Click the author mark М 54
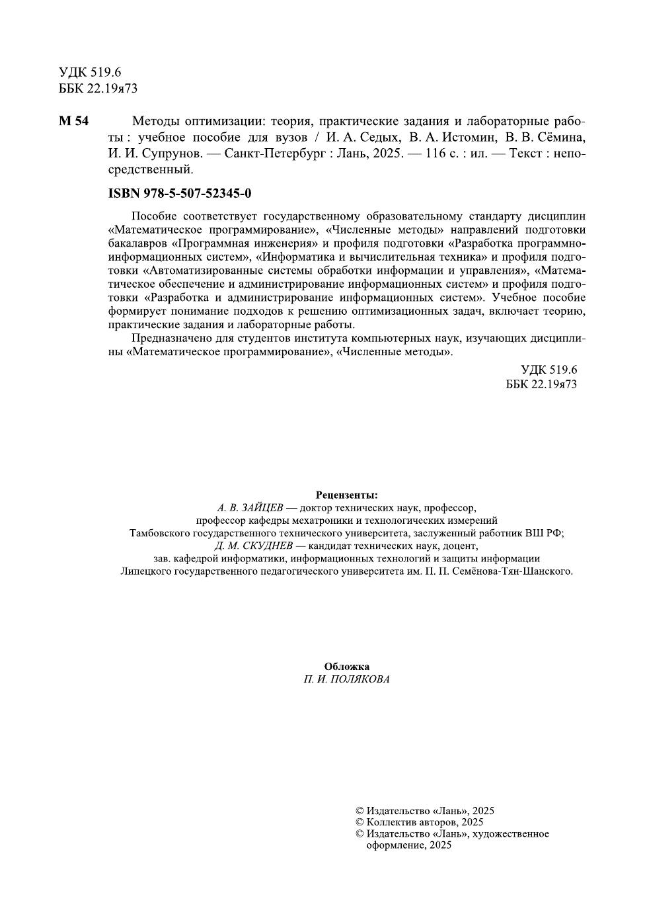73,122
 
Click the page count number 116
437,153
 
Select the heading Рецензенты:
347,495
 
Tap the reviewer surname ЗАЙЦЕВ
258,508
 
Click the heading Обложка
347,667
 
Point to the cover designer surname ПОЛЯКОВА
361,679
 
